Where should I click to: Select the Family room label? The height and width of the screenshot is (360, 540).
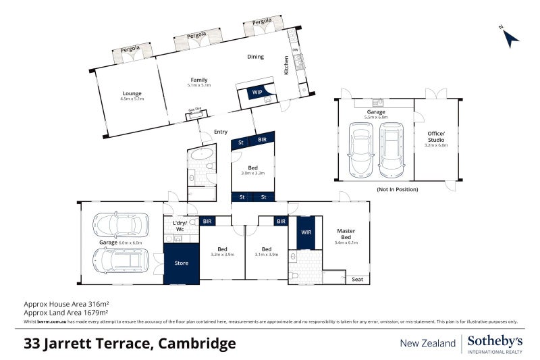coord(198,80)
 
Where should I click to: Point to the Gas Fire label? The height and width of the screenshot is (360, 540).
coord(195,109)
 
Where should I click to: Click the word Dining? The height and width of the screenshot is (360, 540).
coord(255,57)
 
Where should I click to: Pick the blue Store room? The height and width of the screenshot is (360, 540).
coord(182,263)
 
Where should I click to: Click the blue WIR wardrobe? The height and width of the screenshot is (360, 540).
coord(306,232)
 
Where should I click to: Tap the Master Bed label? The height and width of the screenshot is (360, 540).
coord(346,234)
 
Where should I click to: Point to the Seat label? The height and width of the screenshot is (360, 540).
coord(357,279)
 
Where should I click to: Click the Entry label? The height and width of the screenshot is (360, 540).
coord(221,132)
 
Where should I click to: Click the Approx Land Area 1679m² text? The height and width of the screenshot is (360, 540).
coord(65,313)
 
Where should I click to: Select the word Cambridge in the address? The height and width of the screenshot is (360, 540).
coord(196,344)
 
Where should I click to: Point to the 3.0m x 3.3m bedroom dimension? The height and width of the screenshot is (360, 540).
coord(252,173)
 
